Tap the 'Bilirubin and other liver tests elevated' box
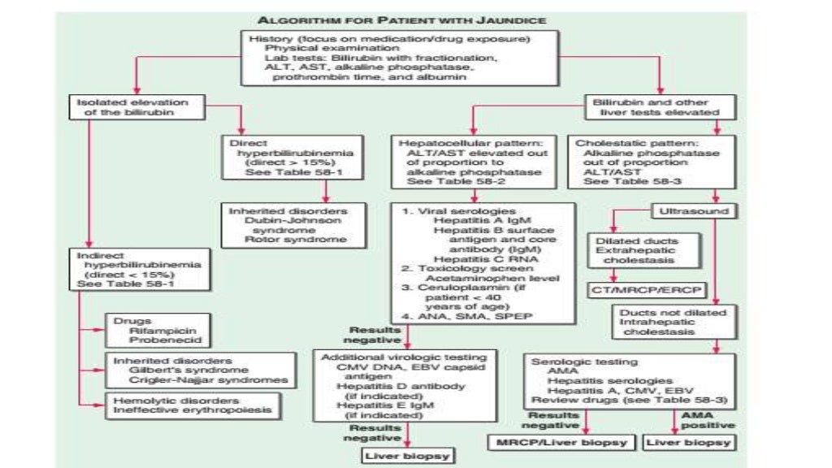click(651, 107)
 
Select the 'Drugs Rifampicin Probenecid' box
click(145, 331)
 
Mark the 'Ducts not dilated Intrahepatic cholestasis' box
click(663, 322)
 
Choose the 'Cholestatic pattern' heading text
click(625, 143)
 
